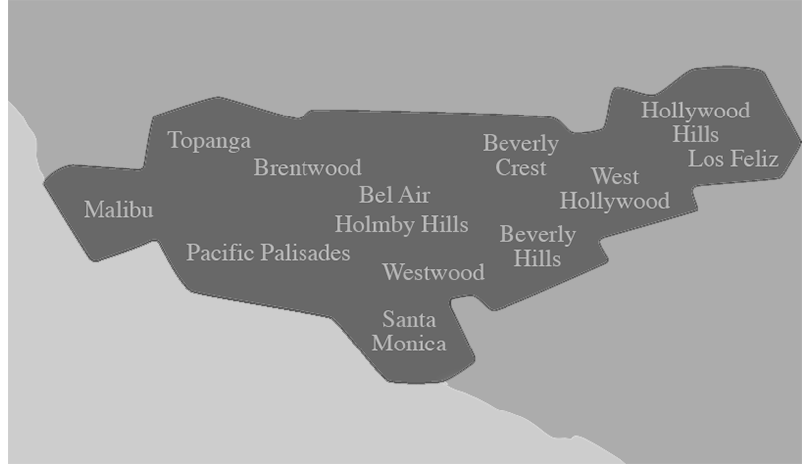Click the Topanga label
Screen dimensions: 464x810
click(x=209, y=141)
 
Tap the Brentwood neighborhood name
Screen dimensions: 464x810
click(x=306, y=167)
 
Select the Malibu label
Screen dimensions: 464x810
click(x=118, y=210)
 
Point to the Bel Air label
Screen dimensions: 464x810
click(x=394, y=195)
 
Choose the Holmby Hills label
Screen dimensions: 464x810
click(x=401, y=224)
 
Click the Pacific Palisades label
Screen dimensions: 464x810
click(x=268, y=253)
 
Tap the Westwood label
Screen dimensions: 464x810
click(x=433, y=272)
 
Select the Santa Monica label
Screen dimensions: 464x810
click(x=409, y=332)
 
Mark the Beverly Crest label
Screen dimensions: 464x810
click(x=520, y=155)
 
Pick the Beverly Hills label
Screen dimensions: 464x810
click(x=537, y=246)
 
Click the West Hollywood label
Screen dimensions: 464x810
click(x=614, y=189)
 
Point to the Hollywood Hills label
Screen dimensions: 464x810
click(x=695, y=122)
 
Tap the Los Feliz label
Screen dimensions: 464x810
click(x=732, y=159)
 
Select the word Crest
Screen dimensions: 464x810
click(x=520, y=168)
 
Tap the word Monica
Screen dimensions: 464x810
click(x=409, y=345)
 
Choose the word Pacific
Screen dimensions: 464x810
click(x=219, y=253)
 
